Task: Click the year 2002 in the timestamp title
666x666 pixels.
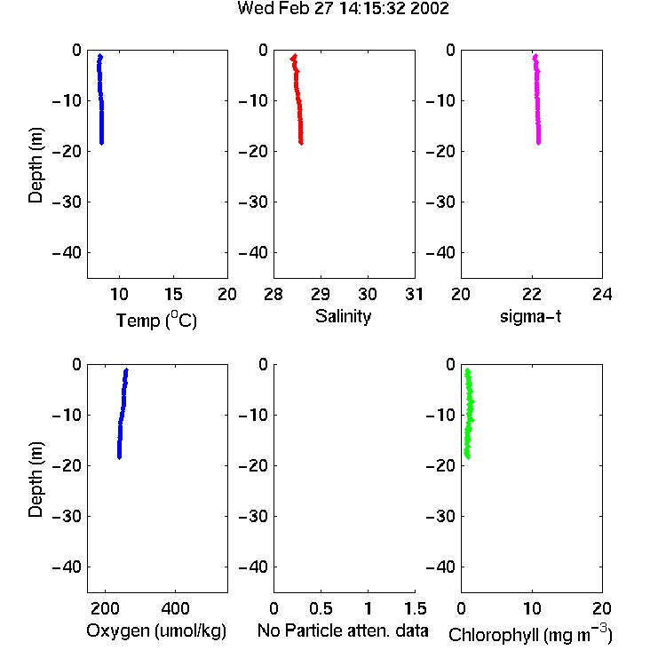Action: tap(430, 9)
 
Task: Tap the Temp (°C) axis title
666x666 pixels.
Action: tap(156, 320)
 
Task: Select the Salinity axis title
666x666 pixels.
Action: tap(343, 317)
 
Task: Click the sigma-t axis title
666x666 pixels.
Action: tap(530, 317)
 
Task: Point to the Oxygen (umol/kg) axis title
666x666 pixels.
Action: tap(156, 631)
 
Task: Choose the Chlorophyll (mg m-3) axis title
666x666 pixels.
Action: tap(530, 634)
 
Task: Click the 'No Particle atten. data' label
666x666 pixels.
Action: tap(343, 630)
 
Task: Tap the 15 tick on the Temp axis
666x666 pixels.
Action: tap(173, 294)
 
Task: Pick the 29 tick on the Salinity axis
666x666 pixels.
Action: tap(321, 294)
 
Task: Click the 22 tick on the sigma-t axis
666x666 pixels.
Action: tap(531, 294)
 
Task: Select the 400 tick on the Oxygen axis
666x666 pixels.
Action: tap(175, 608)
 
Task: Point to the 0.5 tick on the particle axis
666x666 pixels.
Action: tap(321, 608)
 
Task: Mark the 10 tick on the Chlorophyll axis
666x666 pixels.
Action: tap(532, 608)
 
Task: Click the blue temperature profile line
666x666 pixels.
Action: tap(101, 100)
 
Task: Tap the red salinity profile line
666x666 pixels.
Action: tap(298, 100)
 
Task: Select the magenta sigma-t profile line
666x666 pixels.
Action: tap(537, 100)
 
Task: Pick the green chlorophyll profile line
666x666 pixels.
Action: tap(469, 414)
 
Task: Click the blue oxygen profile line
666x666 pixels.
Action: tap(122, 414)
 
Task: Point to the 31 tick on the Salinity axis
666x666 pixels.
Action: tap(414, 294)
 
